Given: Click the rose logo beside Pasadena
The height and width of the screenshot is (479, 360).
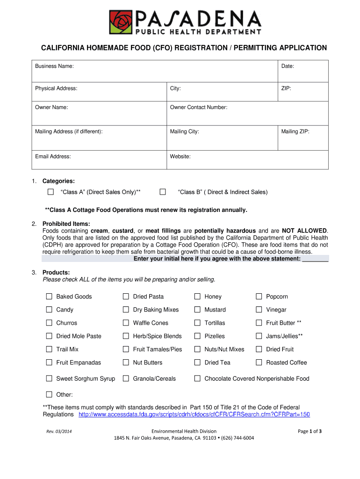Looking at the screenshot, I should tap(122, 22).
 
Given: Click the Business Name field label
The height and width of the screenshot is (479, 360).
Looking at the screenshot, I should tap(54, 66).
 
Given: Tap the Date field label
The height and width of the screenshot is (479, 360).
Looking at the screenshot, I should tap(288, 66).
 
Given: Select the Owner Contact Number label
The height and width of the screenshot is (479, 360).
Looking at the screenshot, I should tap(199, 108).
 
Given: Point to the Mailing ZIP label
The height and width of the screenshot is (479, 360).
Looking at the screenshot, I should tap(295, 132).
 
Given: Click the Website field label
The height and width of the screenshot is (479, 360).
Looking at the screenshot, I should tap(180, 157).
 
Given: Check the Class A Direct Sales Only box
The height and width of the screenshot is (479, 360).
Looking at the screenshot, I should tap(51, 192).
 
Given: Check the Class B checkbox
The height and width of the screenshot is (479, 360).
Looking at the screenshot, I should tap(163, 192).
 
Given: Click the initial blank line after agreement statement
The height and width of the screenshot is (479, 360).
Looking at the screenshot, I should tap(316, 259).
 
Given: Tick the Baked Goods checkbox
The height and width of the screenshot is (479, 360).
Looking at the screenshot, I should tap(49, 297).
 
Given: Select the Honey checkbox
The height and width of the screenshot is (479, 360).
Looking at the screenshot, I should tap(197, 297).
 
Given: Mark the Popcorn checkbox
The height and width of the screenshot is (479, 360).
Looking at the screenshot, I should tap(259, 297).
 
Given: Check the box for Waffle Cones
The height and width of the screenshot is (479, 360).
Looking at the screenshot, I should tap(126, 323).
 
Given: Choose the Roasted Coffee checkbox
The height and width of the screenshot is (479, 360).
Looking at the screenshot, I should tap(259, 363).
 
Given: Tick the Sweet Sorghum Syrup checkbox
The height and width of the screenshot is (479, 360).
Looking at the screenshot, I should tap(49, 378).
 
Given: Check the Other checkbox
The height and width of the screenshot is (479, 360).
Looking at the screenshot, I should tap(49, 394).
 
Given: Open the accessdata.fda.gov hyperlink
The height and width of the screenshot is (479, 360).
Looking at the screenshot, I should tap(194, 414).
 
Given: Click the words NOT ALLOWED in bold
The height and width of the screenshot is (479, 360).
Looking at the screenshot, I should tap(305, 231).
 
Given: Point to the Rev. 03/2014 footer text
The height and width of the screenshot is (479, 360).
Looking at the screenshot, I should tap(58, 431).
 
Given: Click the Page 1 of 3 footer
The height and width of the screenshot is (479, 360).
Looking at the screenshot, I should tap(310, 431).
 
